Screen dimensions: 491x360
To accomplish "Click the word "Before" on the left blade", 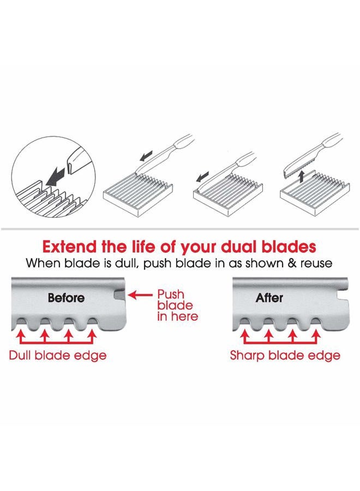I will click(66, 298).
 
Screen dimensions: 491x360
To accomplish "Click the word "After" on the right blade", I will click(269, 298).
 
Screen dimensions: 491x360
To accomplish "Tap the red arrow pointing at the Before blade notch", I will click(140, 295).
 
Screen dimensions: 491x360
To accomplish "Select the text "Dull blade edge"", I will click(57, 355).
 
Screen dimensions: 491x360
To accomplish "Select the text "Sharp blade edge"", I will click(285, 355).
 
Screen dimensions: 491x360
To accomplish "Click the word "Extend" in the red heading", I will click(71, 245).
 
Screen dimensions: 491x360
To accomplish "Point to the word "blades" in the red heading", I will click(288, 245).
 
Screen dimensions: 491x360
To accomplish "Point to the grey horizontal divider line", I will click(180, 228).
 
